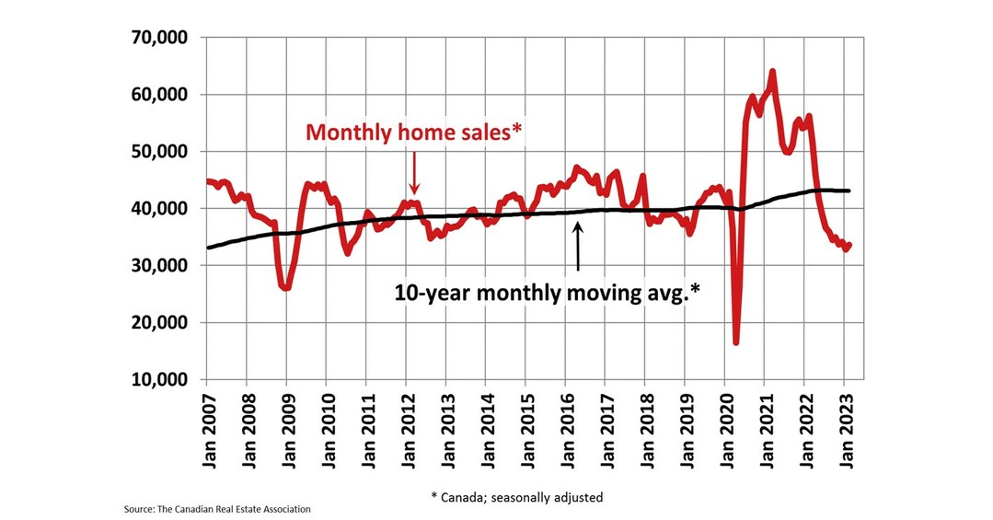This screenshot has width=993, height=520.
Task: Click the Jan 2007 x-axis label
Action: [207, 424]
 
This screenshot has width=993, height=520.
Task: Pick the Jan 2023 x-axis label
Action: [843, 424]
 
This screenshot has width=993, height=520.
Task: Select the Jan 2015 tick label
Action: [525, 424]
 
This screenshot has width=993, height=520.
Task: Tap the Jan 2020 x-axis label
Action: [724, 424]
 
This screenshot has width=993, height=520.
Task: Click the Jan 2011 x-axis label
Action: [366, 424]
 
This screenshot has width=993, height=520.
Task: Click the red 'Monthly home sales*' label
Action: [414, 132]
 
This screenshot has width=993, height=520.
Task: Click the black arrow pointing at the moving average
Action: [578, 246]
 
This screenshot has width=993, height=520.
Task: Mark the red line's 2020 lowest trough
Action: [736, 342]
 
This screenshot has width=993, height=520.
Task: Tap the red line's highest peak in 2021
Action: [772, 72]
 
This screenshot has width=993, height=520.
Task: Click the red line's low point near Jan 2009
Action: [286, 288]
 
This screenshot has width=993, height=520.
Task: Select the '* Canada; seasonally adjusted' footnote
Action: [516, 498]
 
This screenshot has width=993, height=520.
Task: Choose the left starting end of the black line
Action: [208, 248]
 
